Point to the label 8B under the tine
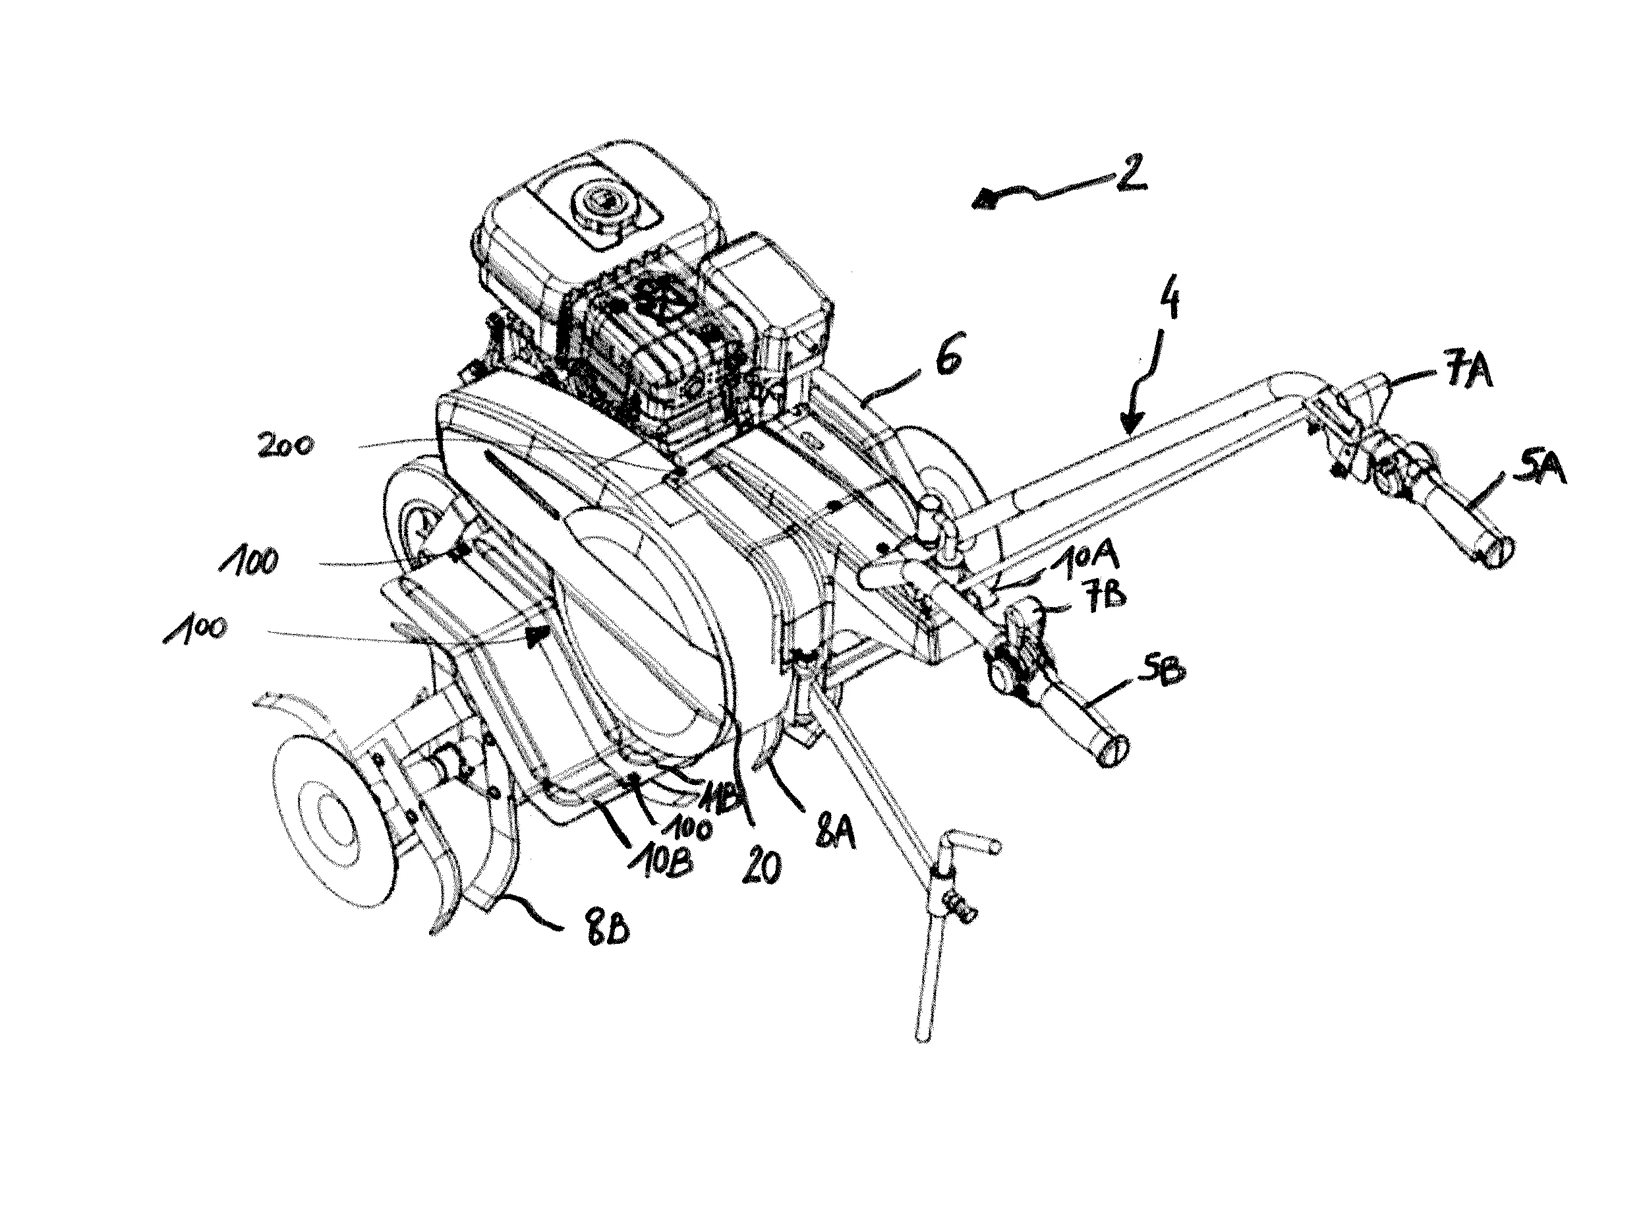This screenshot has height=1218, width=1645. pos(606,932)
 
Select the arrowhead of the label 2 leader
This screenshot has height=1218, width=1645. pos(983,199)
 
